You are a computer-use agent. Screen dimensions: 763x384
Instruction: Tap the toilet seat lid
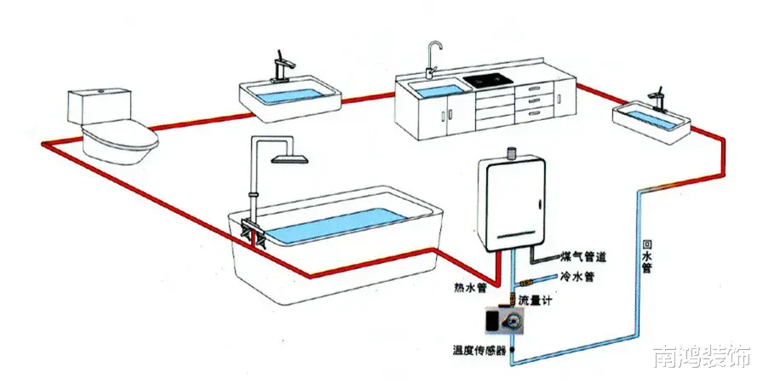click(120, 135)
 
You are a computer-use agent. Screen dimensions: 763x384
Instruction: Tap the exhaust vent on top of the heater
click(512, 154)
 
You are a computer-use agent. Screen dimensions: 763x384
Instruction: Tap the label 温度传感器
click(479, 349)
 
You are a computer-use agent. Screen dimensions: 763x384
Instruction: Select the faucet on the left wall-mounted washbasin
click(282, 66)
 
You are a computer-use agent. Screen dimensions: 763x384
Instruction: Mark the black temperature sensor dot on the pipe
click(513, 348)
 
